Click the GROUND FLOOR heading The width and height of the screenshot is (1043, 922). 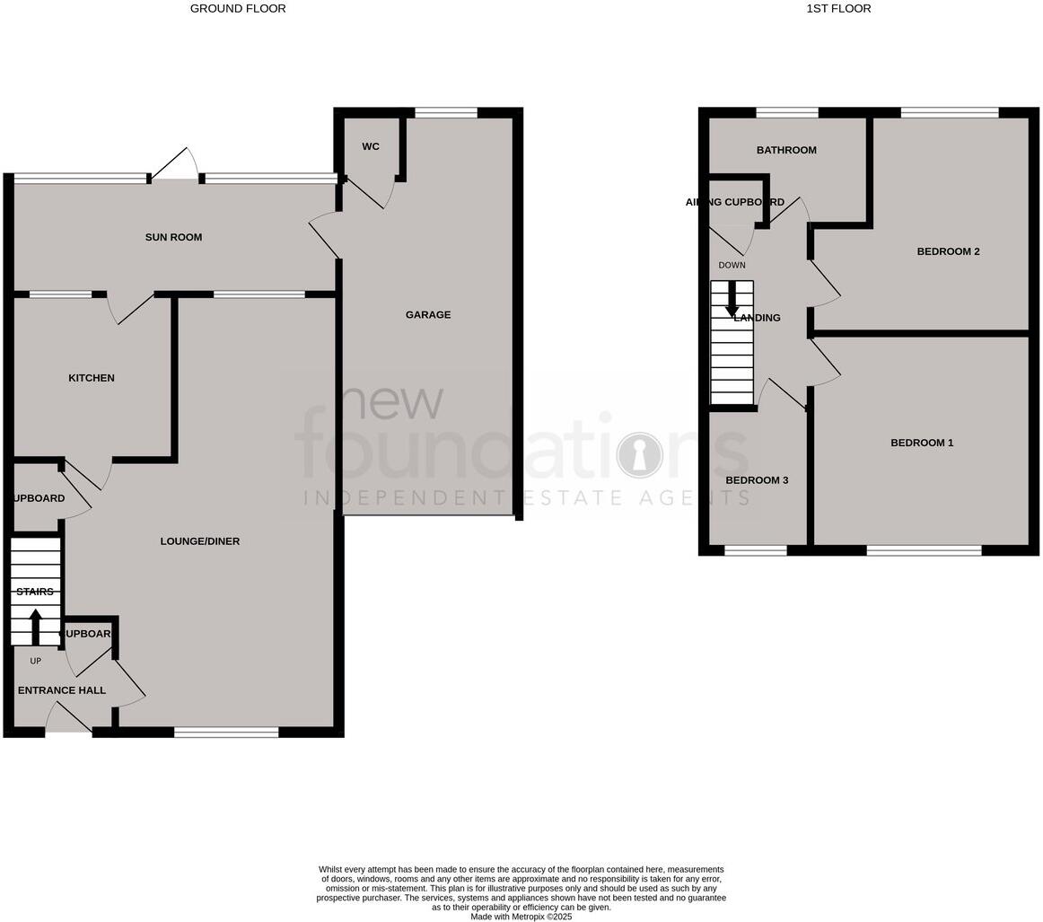[238, 9]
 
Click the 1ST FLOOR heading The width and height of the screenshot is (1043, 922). [838, 9]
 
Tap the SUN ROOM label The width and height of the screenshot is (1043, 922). [173, 237]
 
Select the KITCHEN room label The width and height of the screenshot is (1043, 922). [92, 378]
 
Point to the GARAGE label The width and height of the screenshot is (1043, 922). [428, 314]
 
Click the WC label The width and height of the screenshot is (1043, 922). [371, 146]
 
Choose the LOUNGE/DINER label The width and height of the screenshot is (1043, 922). [199, 541]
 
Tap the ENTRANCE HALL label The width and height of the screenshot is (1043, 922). [62, 690]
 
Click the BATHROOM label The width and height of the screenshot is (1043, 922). [786, 150]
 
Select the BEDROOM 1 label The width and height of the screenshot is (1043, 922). [922, 443]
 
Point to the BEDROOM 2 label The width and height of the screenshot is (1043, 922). [948, 251]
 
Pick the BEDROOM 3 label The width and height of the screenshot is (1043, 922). [757, 480]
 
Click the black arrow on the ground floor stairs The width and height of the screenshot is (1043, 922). [36, 627]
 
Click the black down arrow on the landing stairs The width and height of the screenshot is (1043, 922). [732, 299]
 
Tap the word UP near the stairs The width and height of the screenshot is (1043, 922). [36, 662]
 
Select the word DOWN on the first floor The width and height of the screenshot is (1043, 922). [732, 266]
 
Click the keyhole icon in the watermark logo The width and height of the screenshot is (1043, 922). [639, 455]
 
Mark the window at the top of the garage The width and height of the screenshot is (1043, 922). [446, 113]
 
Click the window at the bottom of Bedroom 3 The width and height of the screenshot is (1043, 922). [756, 550]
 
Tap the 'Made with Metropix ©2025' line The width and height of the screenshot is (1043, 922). [521, 917]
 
